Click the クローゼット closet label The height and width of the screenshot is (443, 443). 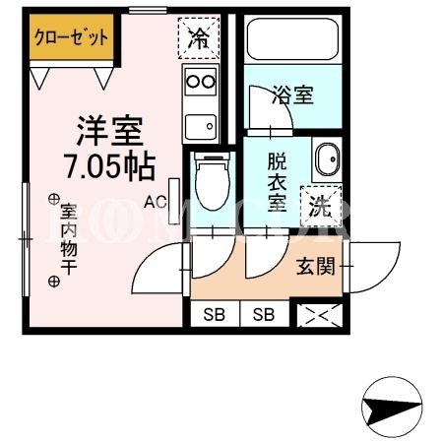click(71, 37)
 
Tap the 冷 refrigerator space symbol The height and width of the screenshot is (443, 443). click(199, 38)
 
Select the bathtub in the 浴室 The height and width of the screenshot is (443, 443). click(292, 39)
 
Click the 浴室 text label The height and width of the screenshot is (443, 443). click(293, 95)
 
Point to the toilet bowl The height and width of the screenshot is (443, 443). click(213, 182)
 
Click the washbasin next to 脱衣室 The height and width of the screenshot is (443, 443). click(328, 159)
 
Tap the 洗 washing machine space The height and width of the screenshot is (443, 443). click(321, 207)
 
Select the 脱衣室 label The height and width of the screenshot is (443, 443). click(277, 182)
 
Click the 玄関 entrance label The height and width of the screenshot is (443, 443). click(316, 266)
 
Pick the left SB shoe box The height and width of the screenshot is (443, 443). click(215, 315)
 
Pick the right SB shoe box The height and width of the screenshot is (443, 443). click(264, 315)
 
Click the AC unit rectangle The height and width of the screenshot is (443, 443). click(174, 201)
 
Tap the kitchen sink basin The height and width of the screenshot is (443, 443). click(201, 127)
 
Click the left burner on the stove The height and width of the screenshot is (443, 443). click(193, 82)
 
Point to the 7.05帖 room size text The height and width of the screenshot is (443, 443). click(109, 166)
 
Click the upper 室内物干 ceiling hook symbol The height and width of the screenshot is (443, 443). click(53, 199)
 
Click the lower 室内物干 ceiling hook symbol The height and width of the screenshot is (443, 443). click(54, 282)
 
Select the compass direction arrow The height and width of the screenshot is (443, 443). click(392, 407)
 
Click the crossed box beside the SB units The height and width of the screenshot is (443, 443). click(320, 315)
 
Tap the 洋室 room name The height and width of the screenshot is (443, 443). click(110, 131)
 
